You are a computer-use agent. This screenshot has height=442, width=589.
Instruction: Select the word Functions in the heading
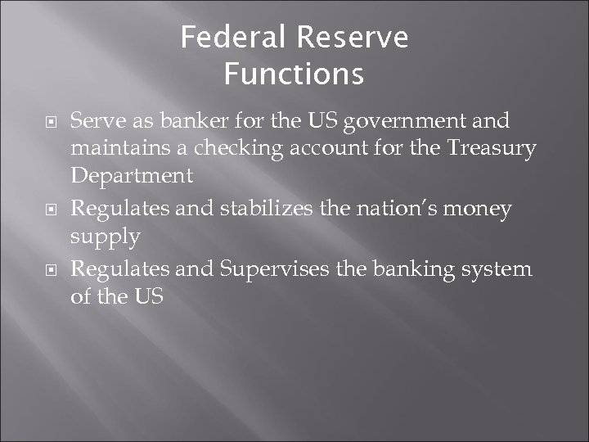tap(294, 74)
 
